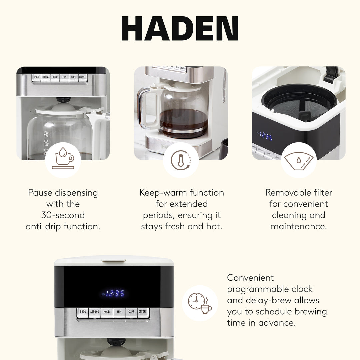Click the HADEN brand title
point(180,29)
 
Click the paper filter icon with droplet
point(298,160)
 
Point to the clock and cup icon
point(200,303)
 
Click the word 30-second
point(63,215)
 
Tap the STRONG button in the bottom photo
point(95,312)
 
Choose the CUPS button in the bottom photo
point(131,312)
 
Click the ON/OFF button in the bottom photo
point(143,312)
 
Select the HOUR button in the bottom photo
point(107,312)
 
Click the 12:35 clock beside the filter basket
point(266,137)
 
